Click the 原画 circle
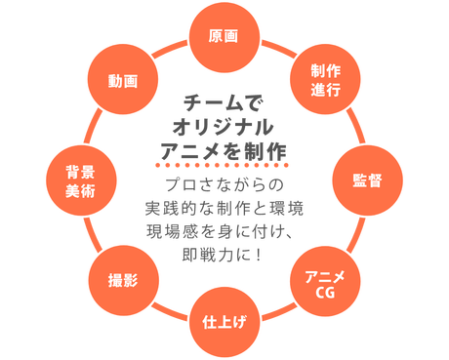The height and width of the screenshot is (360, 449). pyautogui.click(x=224, y=36)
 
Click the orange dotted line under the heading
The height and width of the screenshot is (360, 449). pyautogui.click(x=224, y=168)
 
